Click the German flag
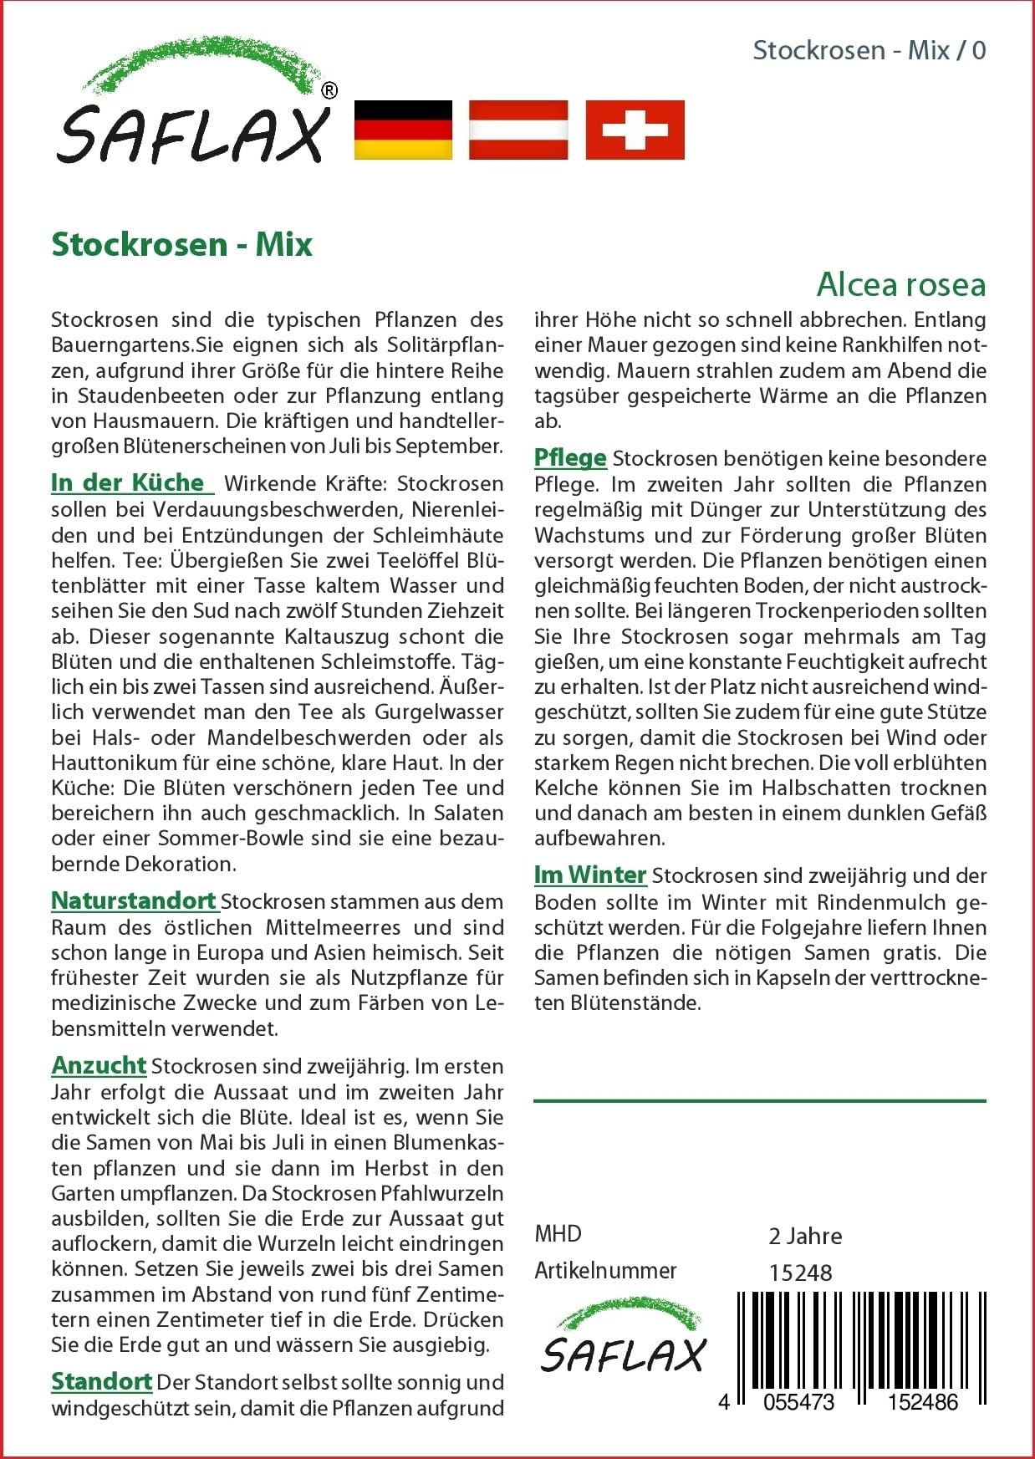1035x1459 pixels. pyautogui.click(x=403, y=130)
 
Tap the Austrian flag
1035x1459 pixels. pyautogui.click(x=518, y=130)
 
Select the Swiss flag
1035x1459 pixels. pyautogui.click(x=635, y=130)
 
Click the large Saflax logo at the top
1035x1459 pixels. pyautogui.click(x=194, y=105)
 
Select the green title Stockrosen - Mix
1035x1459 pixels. pyautogui.click(x=181, y=244)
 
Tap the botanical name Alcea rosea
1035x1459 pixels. pyautogui.click(x=900, y=284)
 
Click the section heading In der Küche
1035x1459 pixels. pyautogui.click(x=128, y=482)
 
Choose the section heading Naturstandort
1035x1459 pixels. pyautogui.click(x=134, y=900)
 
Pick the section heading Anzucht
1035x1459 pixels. pyautogui.click(x=99, y=1065)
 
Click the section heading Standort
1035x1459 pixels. pyautogui.click(x=101, y=1381)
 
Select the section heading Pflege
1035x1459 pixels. pyautogui.click(x=570, y=457)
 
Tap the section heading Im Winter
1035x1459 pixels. pyautogui.click(x=590, y=875)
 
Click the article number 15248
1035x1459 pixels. pyautogui.click(x=800, y=1273)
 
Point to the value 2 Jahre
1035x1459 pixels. pyautogui.click(x=805, y=1236)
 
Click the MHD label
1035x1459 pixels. pyautogui.click(x=558, y=1233)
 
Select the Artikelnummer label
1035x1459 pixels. pyautogui.click(x=605, y=1270)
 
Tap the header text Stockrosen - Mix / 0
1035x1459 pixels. pyautogui.click(x=869, y=50)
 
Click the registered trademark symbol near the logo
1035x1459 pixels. pyautogui.click(x=329, y=90)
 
